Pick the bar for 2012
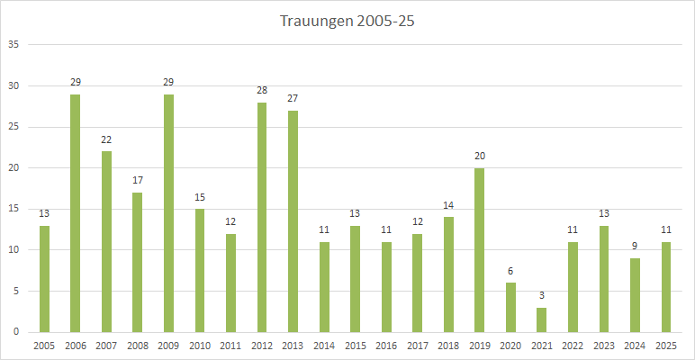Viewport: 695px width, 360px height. (262, 217)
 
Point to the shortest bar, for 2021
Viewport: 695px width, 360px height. (542, 319)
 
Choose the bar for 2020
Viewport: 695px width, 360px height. (510, 307)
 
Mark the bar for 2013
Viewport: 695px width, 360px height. (293, 221)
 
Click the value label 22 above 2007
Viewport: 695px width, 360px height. (106, 139)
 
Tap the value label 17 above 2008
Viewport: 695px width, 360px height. (138, 180)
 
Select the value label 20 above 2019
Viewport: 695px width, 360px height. (480, 156)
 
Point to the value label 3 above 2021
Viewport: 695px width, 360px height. (542, 295)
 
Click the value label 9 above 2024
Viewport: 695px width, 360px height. (635, 246)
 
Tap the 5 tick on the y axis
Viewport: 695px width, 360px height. (14, 291)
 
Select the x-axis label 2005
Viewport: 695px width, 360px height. (44, 346)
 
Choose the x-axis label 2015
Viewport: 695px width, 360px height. (355, 346)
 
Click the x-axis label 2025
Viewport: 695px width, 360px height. (665, 346)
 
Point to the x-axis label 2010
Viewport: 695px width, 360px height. (200, 346)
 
